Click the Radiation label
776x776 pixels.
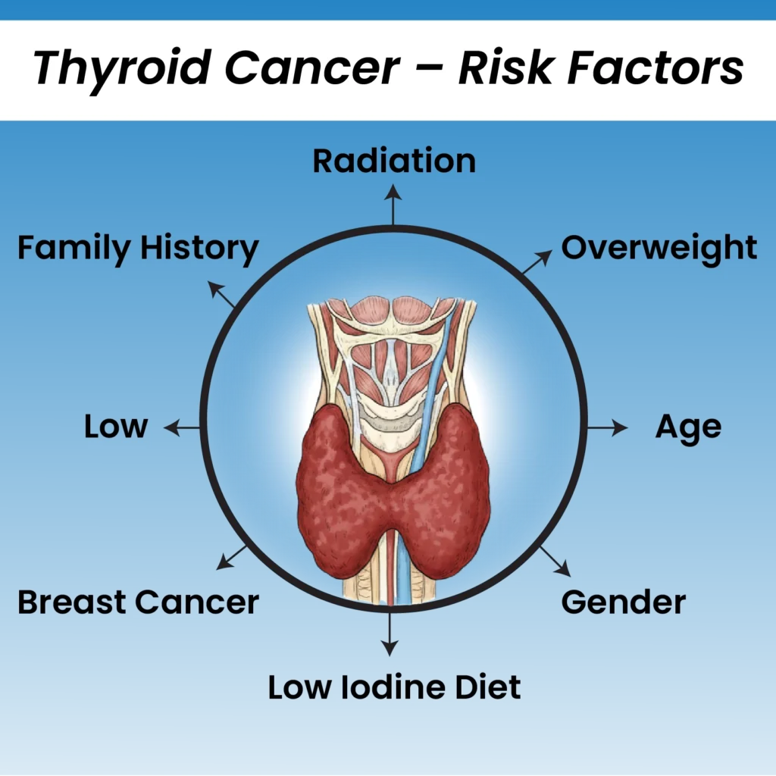394,161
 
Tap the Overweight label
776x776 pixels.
659,248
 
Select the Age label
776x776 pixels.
688,427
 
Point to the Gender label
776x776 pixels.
624,602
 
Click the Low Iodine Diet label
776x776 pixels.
394,687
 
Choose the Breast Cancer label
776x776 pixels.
138,602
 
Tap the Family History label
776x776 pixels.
138,248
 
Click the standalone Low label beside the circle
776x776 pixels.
116,426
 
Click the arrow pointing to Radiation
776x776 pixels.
393,205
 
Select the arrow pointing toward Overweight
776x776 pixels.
537,261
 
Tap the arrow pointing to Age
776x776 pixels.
608,427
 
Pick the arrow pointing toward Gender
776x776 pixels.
555,562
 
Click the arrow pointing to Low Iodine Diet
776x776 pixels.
390,634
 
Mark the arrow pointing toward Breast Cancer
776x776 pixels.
232,557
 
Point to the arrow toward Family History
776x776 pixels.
221,294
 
